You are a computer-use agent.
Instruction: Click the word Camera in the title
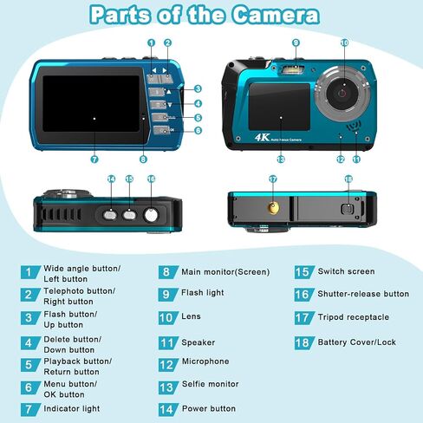tap(276, 15)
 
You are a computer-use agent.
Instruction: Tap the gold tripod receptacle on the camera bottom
tap(273, 207)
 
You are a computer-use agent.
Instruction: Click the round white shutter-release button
tap(151, 215)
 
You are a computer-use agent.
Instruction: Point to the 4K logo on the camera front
tap(262, 137)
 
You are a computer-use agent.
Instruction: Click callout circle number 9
tap(296, 42)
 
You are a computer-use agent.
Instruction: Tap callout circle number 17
tap(273, 179)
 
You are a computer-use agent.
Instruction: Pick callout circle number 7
tap(94, 159)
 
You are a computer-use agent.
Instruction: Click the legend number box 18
tap(304, 343)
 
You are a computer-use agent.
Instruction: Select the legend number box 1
tap(30, 272)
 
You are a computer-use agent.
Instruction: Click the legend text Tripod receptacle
tap(353, 317)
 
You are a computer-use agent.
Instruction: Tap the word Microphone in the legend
tap(205, 361)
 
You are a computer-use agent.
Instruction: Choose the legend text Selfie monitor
tap(211, 384)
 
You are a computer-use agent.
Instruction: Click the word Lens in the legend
tap(191, 316)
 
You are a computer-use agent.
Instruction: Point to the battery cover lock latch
tap(348, 209)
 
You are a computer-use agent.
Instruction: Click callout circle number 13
tap(281, 159)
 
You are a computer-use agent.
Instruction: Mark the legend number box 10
tap(168, 318)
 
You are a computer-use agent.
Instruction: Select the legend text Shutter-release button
tap(363, 294)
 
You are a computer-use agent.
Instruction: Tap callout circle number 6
tap(198, 130)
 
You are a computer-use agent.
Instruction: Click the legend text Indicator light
tap(72, 409)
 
